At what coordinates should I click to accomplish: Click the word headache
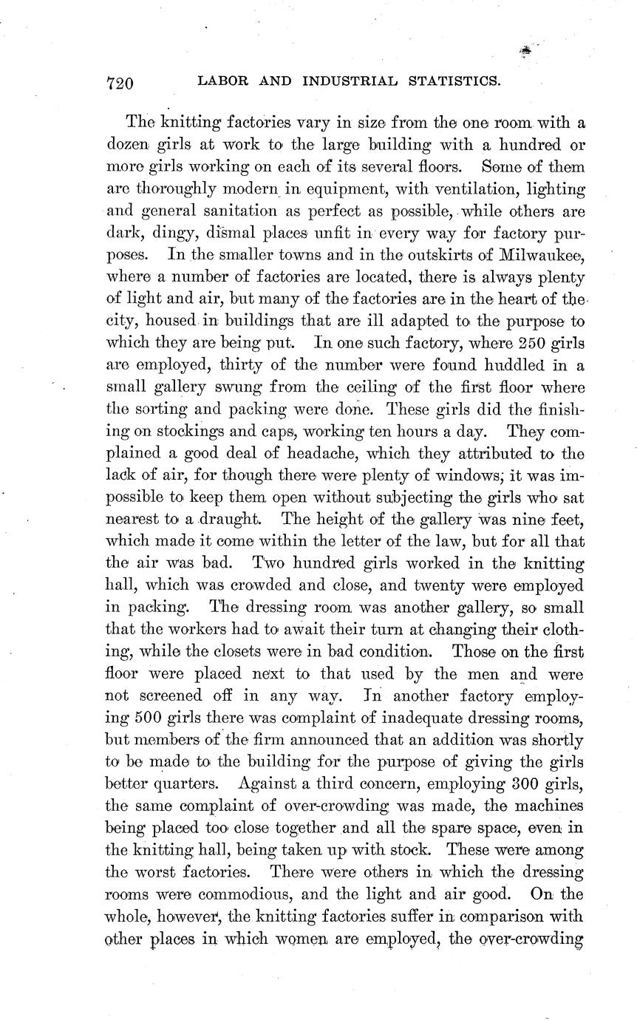[282, 454]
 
